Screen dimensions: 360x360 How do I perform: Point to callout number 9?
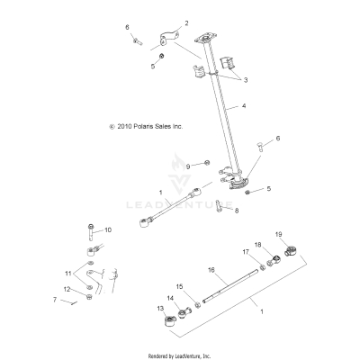[187, 166]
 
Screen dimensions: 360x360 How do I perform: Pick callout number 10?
[108, 230]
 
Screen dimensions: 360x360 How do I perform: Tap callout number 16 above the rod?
[211, 269]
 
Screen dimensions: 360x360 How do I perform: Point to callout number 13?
[162, 309]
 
